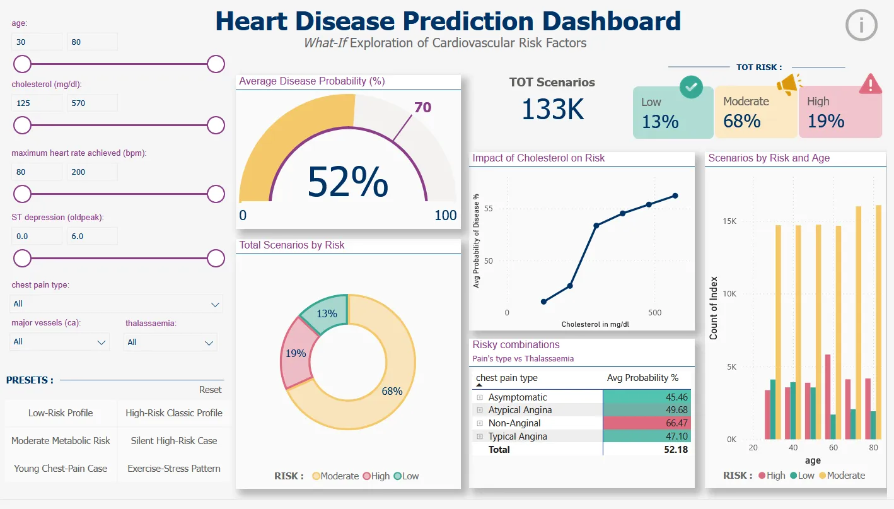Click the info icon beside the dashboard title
point(861,25)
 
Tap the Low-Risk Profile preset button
point(61,413)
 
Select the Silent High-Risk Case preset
point(174,441)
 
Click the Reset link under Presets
point(210,390)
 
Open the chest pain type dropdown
point(117,304)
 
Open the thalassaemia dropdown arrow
point(209,342)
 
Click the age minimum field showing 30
point(37,42)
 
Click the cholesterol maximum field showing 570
point(92,103)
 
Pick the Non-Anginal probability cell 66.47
point(647,423)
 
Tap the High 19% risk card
point(840,113)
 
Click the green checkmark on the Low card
point(692,88)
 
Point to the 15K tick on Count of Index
point(729,221)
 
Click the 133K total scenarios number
point(552,109)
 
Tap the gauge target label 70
point(422,107)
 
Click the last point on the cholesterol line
point(675,196)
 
